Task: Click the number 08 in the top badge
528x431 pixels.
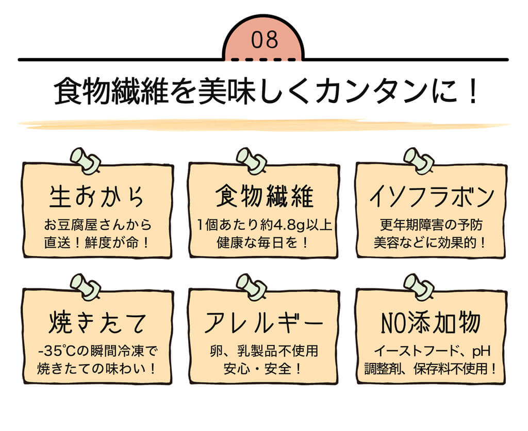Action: click(265, 41)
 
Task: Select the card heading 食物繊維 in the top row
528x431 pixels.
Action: click(264, 197)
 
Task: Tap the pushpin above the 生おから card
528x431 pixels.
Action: click(84, 159)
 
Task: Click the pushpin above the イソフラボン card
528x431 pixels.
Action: click(417, 159)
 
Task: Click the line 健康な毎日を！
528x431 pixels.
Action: click(264, 242)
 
